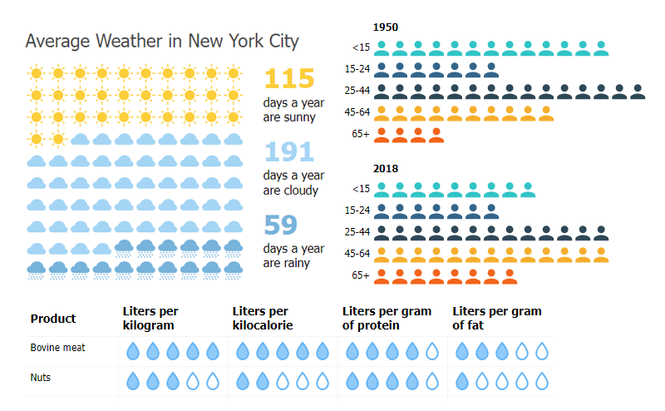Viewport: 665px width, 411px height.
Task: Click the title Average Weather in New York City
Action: pos(162,41)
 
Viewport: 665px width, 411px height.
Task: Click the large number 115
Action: pos(289,78)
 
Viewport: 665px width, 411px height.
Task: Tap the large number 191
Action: pos(289,151)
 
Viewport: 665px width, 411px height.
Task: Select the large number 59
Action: pos(281,225)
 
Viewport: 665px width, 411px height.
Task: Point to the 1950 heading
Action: pos(385,27)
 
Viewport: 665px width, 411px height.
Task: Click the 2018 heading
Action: pos(385,169)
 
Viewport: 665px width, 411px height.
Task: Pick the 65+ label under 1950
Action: pos(361,133)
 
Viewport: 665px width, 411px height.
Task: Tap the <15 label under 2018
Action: pos(361,189)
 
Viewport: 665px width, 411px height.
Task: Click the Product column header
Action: pos(53,319)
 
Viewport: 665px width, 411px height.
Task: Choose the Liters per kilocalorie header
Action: pos(263,319)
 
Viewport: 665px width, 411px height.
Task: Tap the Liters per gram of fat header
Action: pos(497,319)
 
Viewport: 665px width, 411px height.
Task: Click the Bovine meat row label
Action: pos(57,348)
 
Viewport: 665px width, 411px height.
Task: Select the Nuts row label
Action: pos(41,378)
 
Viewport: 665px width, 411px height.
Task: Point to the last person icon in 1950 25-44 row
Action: pos(638,91)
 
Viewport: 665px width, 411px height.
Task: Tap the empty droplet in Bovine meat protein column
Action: pos(432,352)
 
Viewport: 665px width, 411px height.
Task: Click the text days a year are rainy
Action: pos(293,256)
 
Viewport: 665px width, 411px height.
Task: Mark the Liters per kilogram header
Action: pos(150,319)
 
